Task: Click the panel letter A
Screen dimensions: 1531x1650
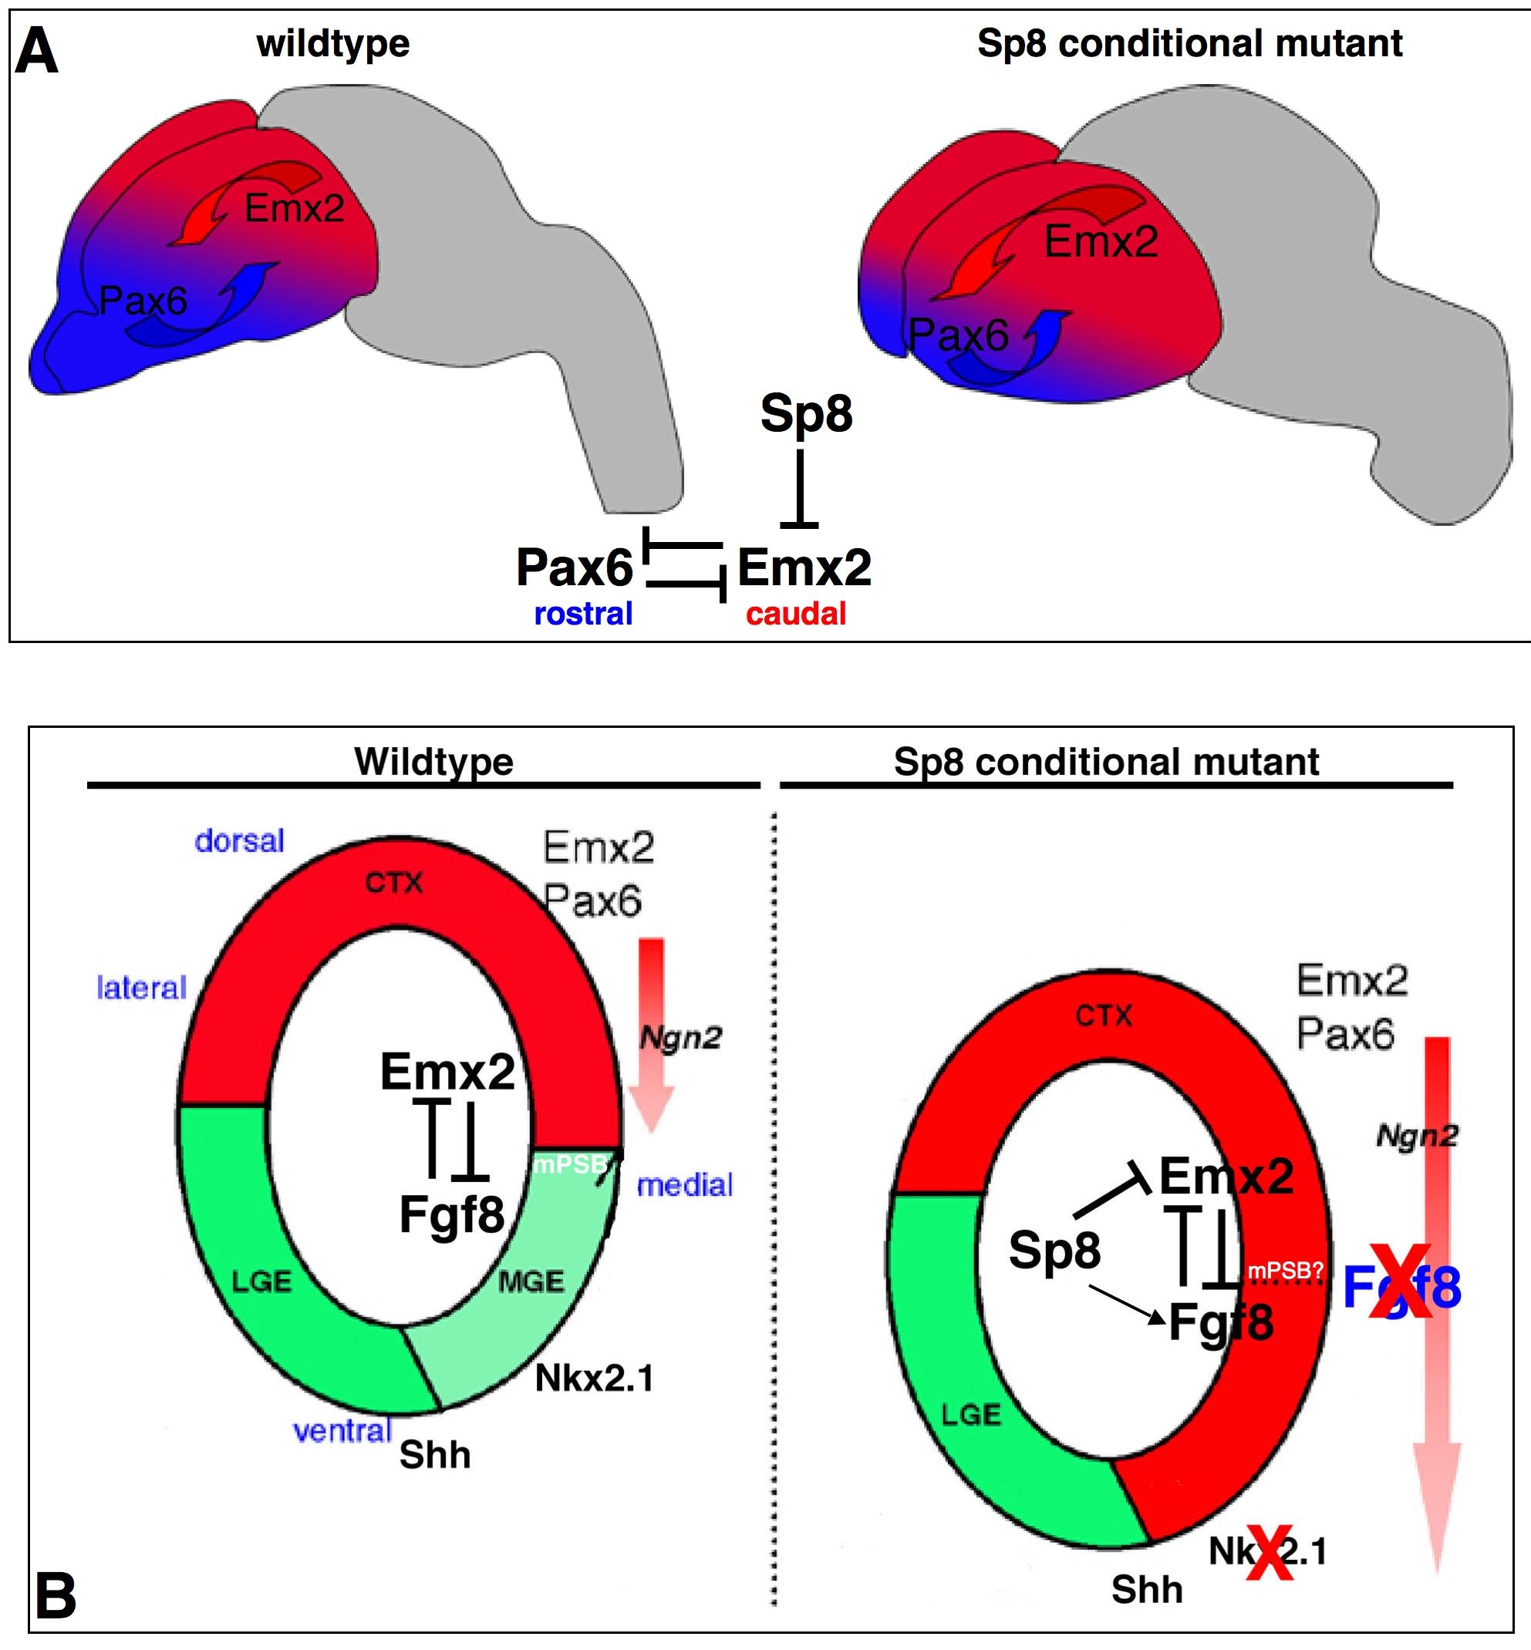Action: (37, 52)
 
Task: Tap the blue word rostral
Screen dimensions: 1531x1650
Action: (583, 614)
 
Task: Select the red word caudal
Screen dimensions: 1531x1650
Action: (796, 614)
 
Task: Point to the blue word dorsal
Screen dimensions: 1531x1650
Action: (239, 840)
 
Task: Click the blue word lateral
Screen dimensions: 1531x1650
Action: (142, 988)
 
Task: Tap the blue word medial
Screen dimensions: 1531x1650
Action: (684, 1185)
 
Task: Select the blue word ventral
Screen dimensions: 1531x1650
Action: (342, 1430)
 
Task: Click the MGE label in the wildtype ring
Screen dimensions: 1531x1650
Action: (531, 1282)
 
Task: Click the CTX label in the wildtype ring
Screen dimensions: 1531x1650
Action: (394, 883)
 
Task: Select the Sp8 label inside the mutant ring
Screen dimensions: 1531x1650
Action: (1054, 1250)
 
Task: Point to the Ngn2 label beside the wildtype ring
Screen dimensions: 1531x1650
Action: (680, 1036)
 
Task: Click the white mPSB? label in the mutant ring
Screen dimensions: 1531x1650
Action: (1284, 1270)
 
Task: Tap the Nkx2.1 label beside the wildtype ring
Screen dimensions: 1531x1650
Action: (594, 1379)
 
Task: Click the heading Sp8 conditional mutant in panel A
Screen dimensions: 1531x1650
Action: (1189, 43)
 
